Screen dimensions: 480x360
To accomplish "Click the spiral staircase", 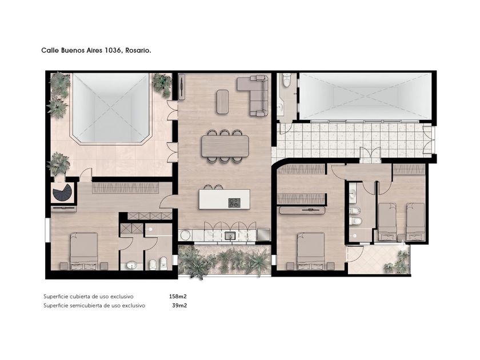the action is [62, 193].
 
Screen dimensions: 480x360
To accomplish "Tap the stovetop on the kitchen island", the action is [234, 203].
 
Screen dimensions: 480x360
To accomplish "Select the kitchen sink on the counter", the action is [230, 235].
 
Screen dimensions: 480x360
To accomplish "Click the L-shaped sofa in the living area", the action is [254, 95].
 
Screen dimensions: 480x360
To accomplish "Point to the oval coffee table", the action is [222, 102].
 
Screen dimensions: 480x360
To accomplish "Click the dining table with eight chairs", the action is [225, 146].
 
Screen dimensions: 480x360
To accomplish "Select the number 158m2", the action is [178, 297].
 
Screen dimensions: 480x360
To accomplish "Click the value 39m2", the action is [179, 305].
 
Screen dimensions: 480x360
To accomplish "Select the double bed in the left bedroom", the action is [84, 251].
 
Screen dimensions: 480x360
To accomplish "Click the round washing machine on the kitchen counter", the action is [185, 235].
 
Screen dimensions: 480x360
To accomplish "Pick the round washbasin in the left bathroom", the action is [131, 265].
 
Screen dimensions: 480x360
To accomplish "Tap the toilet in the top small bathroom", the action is [287, 81].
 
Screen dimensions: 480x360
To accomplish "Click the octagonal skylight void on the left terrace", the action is [111, 108].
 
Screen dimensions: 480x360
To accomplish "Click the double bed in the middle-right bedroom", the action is [311, 251].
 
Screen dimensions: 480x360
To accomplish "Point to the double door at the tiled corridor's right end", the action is [429, 140].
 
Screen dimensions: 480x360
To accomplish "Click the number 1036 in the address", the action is [112, 50].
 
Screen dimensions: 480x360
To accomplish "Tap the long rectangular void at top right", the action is [365, 96].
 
